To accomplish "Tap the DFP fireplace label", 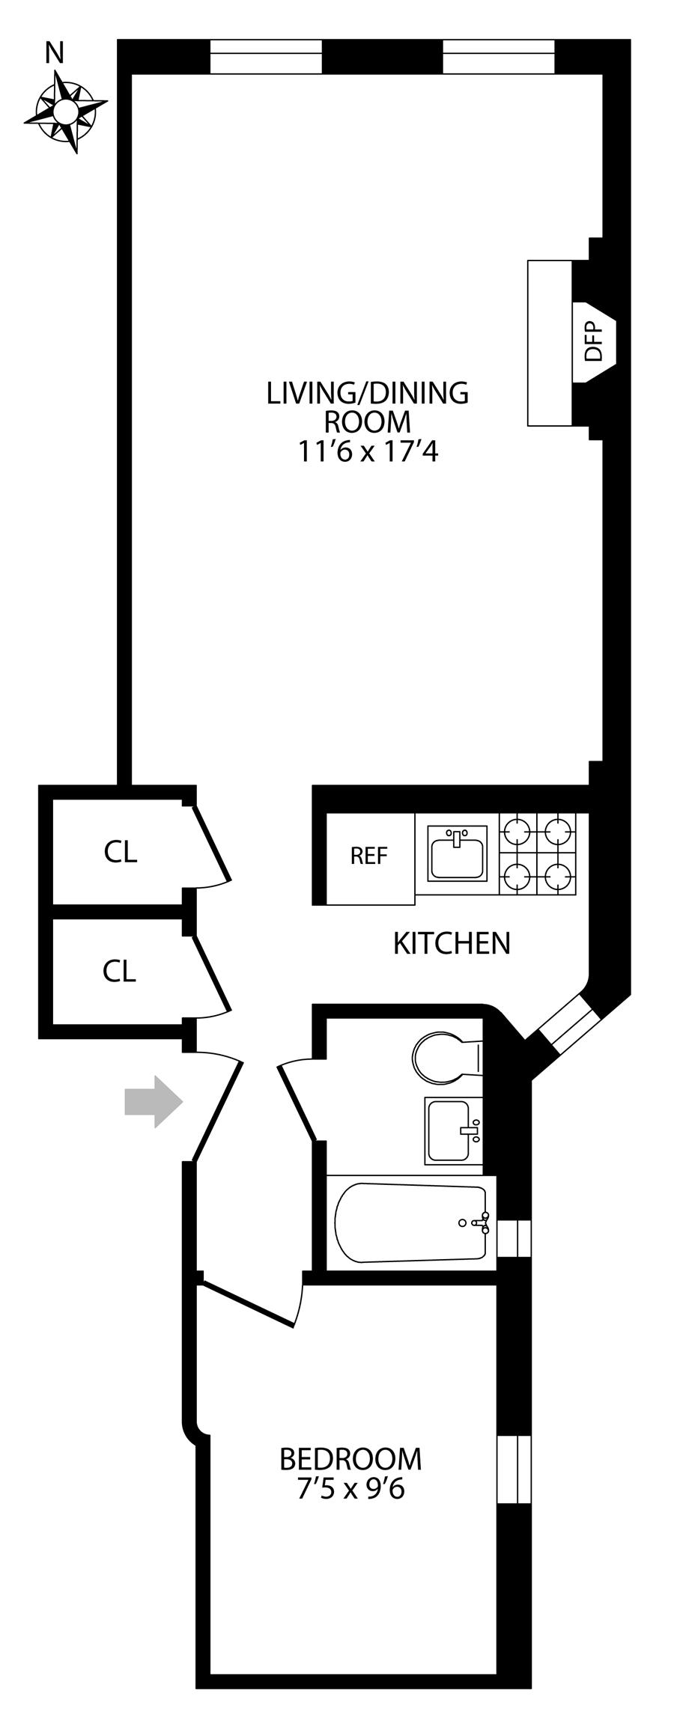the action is tap(593, 341).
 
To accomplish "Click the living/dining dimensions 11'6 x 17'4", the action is tap(367, 452).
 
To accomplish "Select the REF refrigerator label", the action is tap(368, 855).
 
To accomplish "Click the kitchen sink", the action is tap(456, 853).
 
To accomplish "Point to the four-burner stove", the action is tap(538, 853).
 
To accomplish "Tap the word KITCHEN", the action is tap(452, 943).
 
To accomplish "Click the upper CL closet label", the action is tap(121, 852).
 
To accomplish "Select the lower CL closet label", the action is tap(120, 971).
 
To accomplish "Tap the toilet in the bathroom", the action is tap(446, 1058).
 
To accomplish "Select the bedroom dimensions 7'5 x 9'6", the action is tap(350, 1489).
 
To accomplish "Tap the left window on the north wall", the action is tap(265, 57).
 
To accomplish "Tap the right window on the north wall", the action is tap(499, 57).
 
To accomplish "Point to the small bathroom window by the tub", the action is tap(514, 1237).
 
